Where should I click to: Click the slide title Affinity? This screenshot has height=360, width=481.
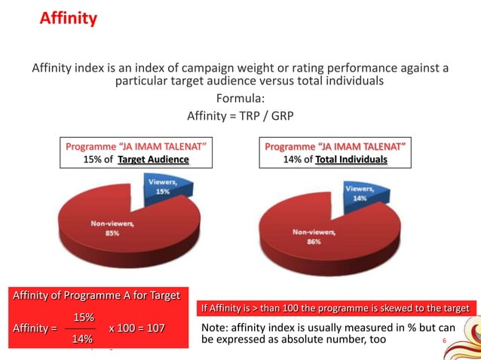(x=68, y=18)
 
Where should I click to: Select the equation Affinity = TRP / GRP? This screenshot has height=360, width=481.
(x=240, y=116)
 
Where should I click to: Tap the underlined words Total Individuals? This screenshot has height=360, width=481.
(x=351, y=160)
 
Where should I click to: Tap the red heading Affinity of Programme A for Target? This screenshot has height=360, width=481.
(x=96, y=295)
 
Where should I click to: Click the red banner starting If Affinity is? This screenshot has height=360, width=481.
(x=336, y=308)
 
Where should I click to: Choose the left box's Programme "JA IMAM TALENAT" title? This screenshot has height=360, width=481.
(x=136, y=145)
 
